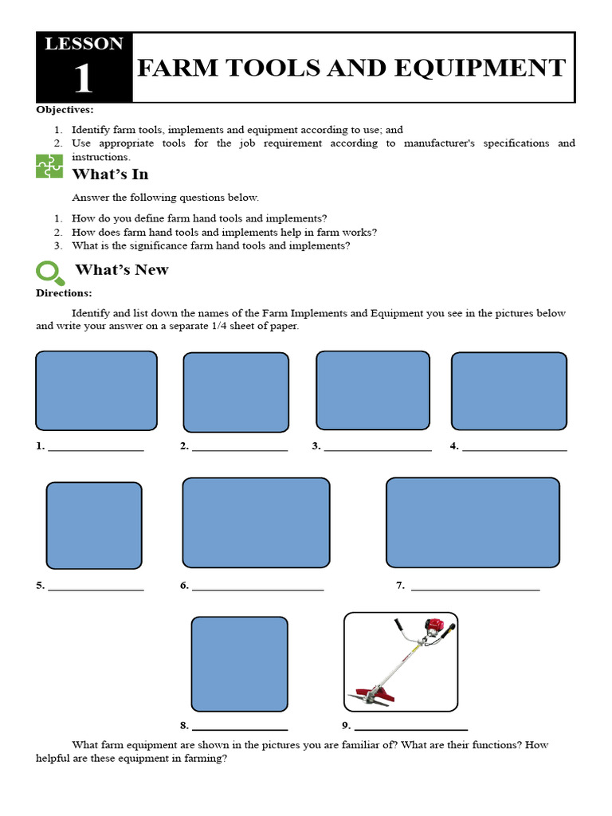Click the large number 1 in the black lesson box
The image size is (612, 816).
pyautogui.click(x=83, y=80)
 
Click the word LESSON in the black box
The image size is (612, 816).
pyautogui.click(x=84, y=44)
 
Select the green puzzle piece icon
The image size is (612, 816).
pyautogui.click(x=49, y=166)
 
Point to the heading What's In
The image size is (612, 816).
pyautogui.click(x=110, y=174)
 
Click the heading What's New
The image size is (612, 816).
pyautogui.click(x=121, y=269)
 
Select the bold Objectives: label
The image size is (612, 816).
pyautogui.click(x=65, y=109)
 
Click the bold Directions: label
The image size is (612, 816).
pyautogui.click(x=64, y=293)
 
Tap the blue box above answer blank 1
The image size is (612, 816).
pyautogui.click(x=96, y=390)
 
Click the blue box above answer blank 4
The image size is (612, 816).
pyautogui.click(x=509, y=390)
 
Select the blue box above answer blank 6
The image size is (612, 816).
pyautogui.click(x=256, y=523)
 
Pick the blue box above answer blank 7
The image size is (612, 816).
pyautogui.click(x=473, y=523)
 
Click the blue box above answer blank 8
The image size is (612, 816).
pyautogui.click(x=239, y=664)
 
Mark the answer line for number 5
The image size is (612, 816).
pyautogui.click(x=96, y=590)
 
